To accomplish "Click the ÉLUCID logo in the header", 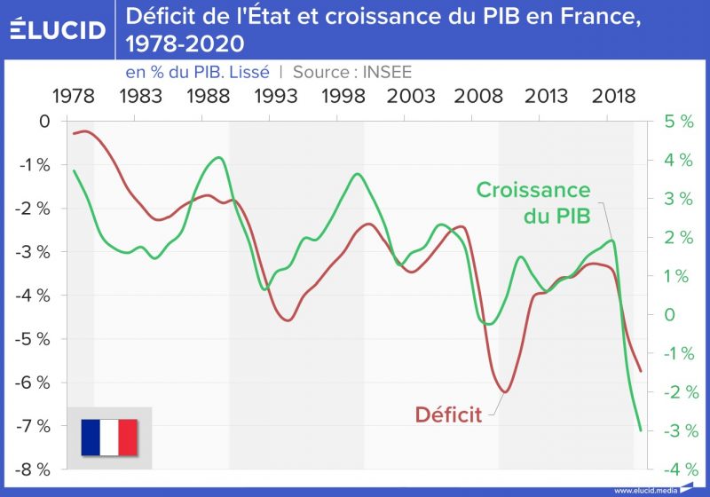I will pyautogui.click(x=57, y=28).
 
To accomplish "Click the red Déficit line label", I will pyautogui.click(x=448, y=414).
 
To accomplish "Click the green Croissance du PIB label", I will pyautogui.click(x=533, y=202).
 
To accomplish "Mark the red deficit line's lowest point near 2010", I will pyautogui.click(x=504, y=391).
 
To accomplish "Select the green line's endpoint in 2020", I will pyautogui.click(x=640, y=430).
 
